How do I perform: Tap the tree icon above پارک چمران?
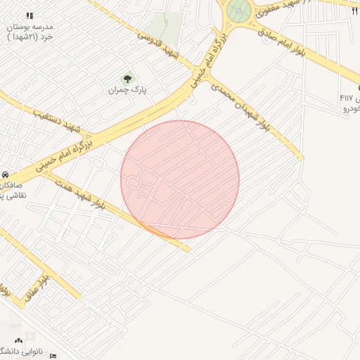pyautogui.click(x=127, y=79)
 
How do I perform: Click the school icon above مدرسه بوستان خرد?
pyautogui.click(x=30, y=15)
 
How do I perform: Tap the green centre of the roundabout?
pyautogui.click(x=238, y=11)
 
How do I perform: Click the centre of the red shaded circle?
pyautogui.click(x=180, y=179)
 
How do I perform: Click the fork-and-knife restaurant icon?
pyautogui.click(x=354, y=11)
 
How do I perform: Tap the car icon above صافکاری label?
pyautogui.click(x=4, y=174)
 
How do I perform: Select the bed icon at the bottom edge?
pyautogui.click(x=53, y=356)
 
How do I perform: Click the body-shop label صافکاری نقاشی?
pyautogui.click(x=11, y=189)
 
